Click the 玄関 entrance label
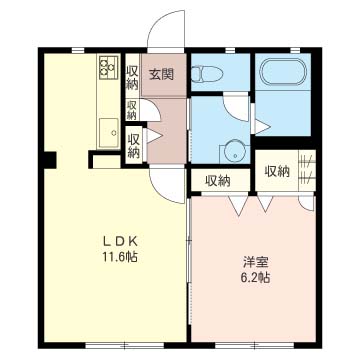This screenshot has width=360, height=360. [161, 74]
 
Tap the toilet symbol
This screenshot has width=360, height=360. [207, 73]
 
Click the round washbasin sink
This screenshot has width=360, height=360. [235, 152]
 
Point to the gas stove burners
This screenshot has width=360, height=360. [109, 67]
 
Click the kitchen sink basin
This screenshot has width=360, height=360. [108, 133]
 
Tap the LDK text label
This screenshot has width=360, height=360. [119, 241]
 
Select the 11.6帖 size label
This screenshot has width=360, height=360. [119, 257]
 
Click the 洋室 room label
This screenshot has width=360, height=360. [256, 262]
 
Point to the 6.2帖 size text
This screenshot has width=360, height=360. [256, 278]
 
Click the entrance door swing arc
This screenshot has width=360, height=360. [166, 30]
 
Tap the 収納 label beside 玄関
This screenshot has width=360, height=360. [132, 77]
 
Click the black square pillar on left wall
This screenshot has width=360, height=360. [50, 160]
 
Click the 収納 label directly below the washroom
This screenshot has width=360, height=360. [218, 181]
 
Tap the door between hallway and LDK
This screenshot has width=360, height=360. [168, 185]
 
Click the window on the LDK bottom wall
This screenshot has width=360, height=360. [125, 345]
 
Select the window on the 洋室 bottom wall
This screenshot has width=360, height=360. [254, 345]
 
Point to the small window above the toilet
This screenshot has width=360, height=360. [229, 51]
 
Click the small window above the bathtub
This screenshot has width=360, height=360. [295, 51]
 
